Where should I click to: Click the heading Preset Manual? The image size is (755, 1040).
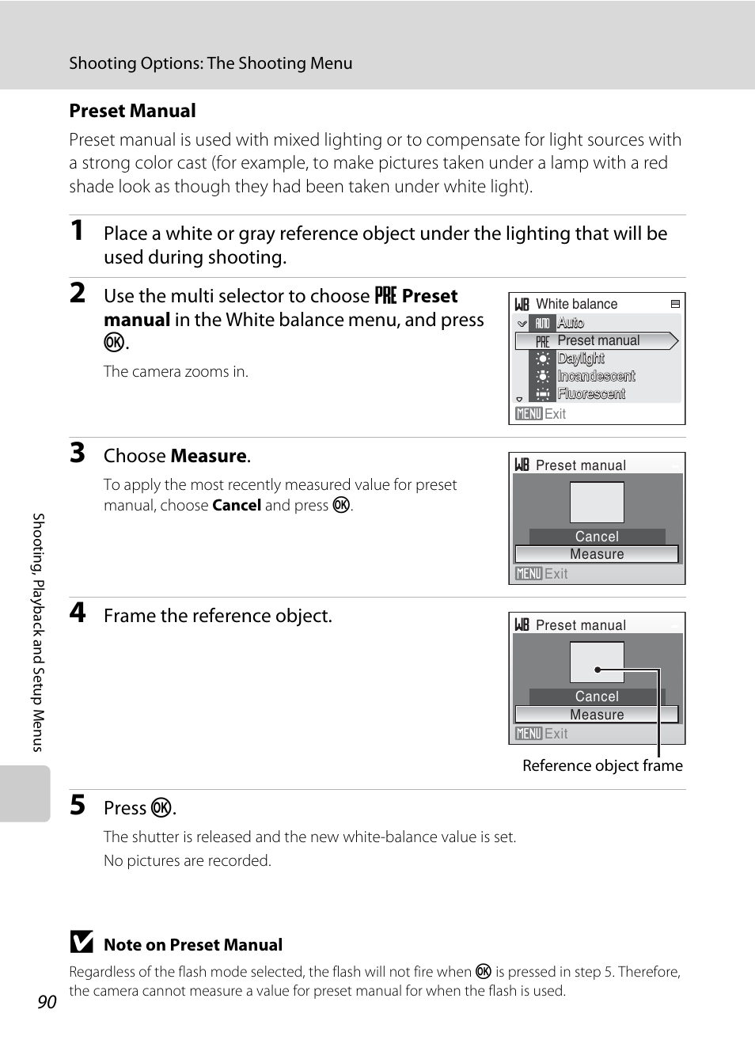click(132, 111)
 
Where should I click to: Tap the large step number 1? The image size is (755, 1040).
click(77, 231)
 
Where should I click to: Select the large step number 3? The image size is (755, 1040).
click(77, 454)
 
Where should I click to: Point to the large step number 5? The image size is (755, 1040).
click(77, 805)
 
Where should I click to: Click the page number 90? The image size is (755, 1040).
click(47, 1002)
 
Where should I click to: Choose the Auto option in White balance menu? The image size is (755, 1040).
click(571, 323)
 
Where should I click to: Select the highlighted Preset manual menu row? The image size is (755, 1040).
click(597, 340)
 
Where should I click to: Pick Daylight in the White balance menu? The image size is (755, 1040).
click(581, 359)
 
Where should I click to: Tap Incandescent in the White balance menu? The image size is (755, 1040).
click(596, 376)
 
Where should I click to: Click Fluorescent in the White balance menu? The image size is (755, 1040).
click(591, 393)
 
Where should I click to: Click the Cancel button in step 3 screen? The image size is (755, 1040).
click(597, 537)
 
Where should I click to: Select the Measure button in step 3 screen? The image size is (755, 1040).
click(597, 554)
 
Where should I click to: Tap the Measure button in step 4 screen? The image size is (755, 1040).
click(597, 715)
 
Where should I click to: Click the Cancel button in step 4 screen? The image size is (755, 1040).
click(597, 696)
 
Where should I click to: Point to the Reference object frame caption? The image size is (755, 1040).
click(602, 765)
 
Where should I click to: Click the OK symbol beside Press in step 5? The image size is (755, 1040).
click(161, 807)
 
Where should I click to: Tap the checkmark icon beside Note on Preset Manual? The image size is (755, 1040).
click(81, 942)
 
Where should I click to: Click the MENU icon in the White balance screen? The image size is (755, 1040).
click(529, 414)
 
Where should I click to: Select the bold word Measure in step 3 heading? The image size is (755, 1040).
click(209, 456)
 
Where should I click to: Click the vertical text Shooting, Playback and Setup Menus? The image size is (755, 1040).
click(38, 632)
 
